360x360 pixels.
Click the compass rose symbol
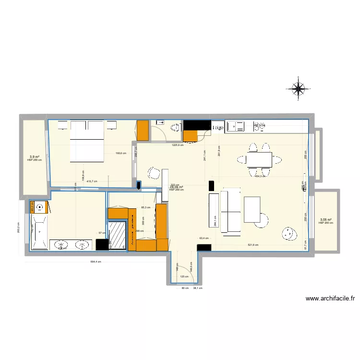point(299,89)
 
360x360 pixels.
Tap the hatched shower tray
point(117,235)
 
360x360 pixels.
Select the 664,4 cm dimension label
point(96,262)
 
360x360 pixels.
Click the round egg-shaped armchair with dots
point(289,233)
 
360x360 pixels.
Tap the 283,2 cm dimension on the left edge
point(18,231)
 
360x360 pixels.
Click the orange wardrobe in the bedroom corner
point(143,130)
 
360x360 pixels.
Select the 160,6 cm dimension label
point(121,154)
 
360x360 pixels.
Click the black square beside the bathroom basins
point(102,245)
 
